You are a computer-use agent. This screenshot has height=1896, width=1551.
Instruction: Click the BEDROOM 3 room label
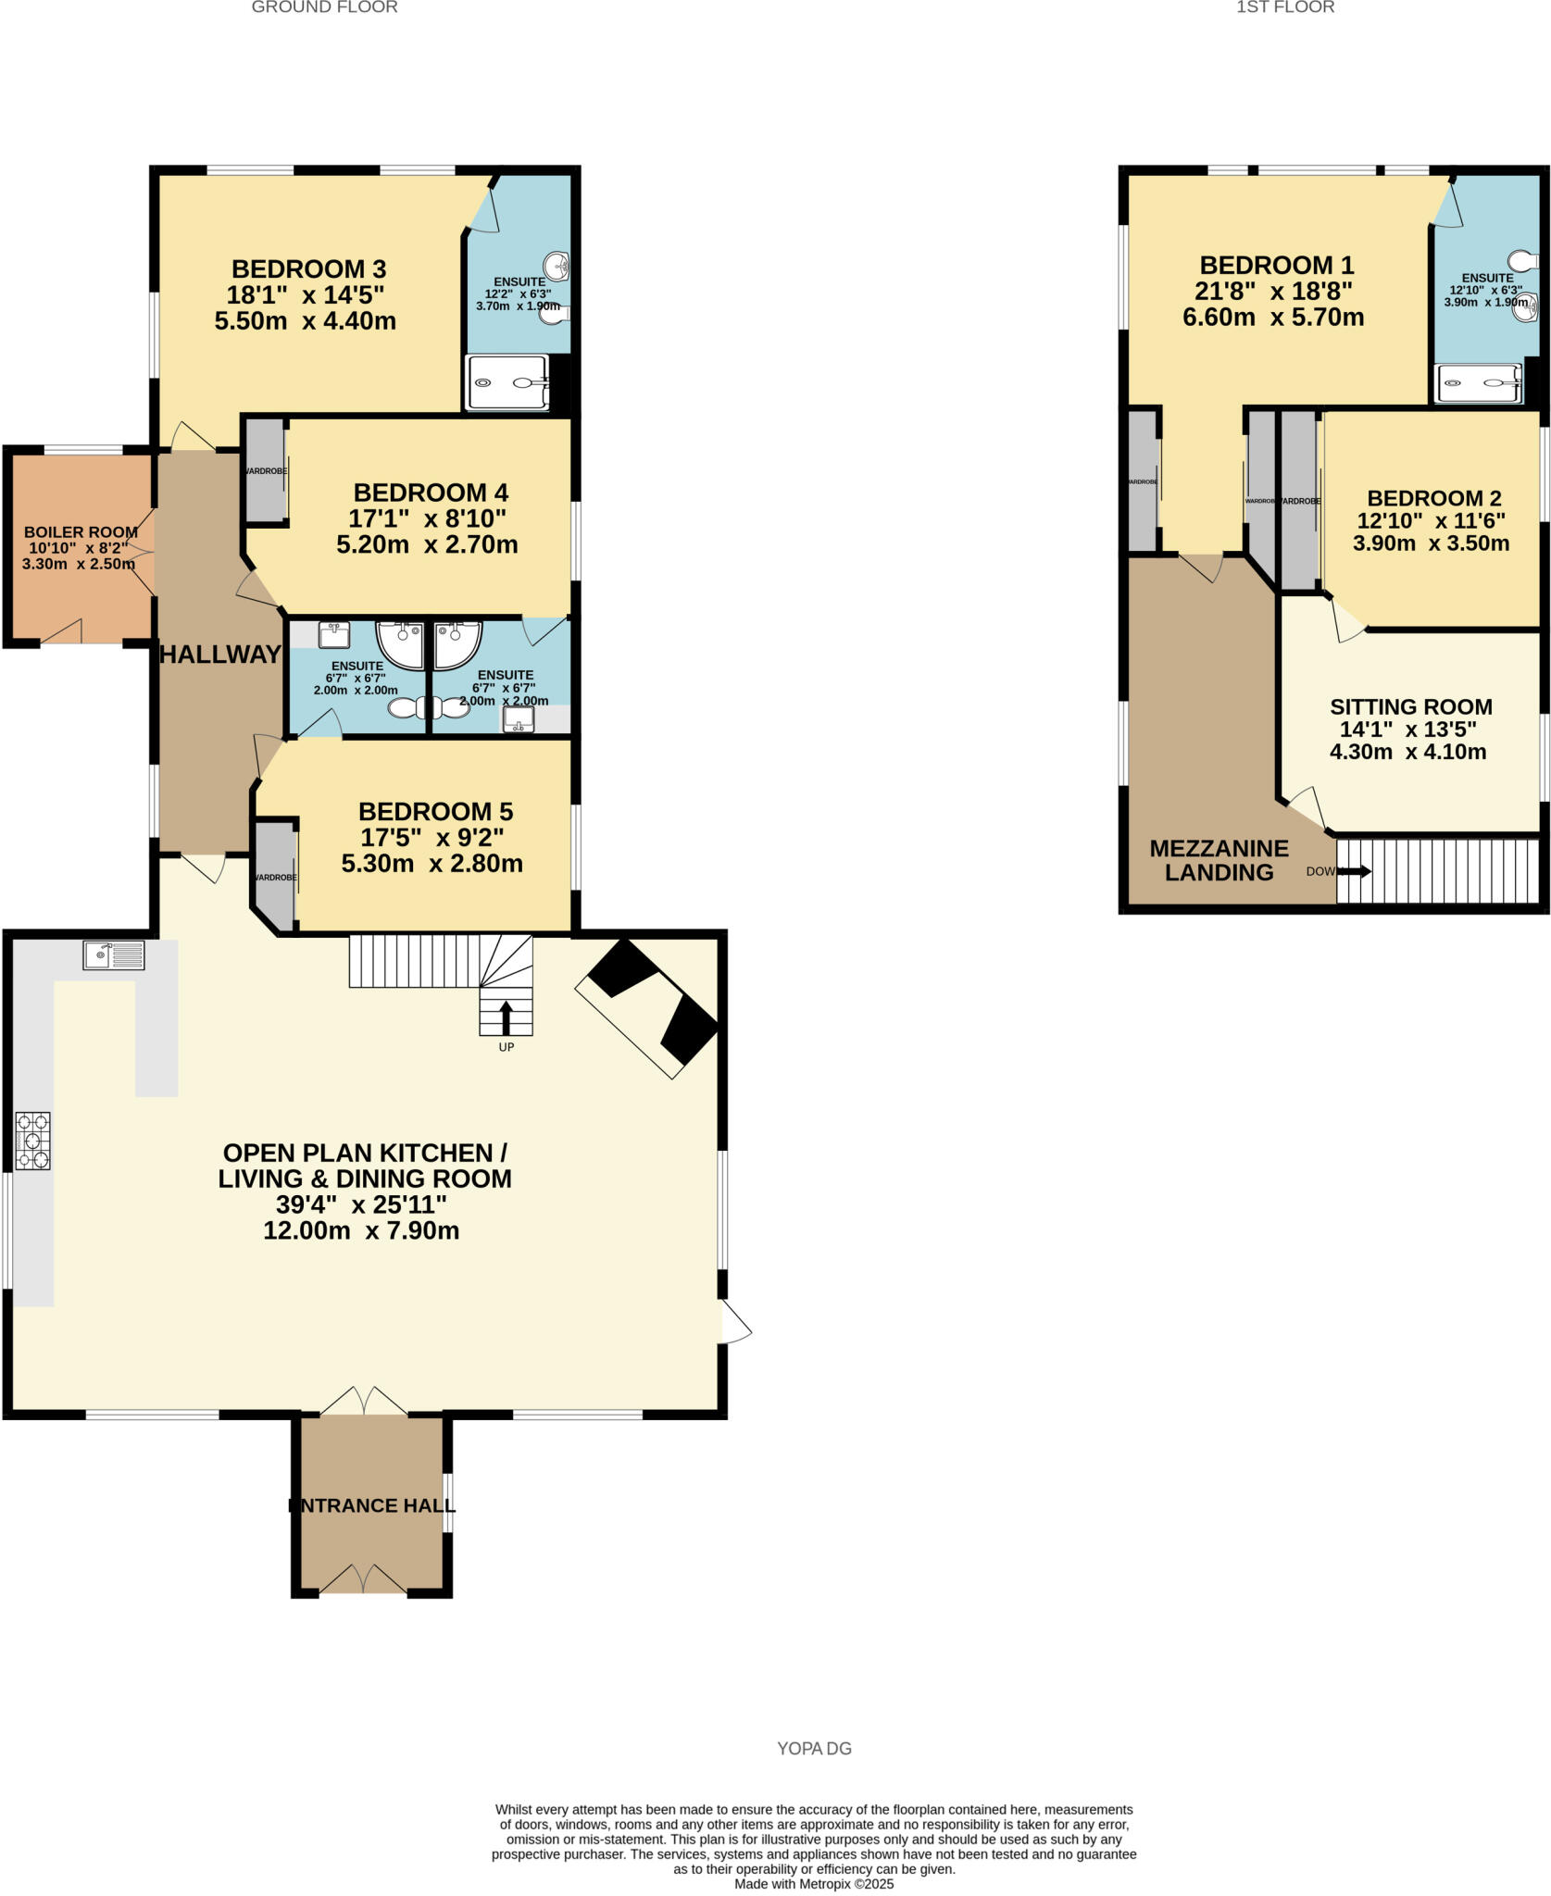point(308,269)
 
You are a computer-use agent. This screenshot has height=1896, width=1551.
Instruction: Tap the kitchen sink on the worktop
point(113,954)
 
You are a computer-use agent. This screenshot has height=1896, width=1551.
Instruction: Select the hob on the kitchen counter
point(32,1141)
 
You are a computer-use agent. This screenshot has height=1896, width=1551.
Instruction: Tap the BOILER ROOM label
point(81,532)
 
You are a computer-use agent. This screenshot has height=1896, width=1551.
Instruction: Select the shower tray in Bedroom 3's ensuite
point(508,382)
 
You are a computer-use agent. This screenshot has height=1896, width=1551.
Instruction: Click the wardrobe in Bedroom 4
point(264,470)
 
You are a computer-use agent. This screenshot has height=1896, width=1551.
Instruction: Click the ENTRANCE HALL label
point(371,1506)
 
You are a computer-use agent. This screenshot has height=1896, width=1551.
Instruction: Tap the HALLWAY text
point(220,655)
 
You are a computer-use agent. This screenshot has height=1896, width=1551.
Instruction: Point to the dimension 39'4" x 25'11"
point(361,1204)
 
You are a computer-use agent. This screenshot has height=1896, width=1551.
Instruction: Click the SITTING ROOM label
point(1410,707)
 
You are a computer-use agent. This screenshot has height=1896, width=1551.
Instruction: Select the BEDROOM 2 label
point(1433,498)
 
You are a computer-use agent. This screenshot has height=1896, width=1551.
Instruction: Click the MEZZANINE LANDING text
point(1219,860)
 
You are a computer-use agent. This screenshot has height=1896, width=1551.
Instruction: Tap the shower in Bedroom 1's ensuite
point(1478,383)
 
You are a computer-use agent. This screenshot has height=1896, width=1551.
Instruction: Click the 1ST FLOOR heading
point(1285,7)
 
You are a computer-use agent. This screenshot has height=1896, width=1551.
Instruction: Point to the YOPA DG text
point(814,1749)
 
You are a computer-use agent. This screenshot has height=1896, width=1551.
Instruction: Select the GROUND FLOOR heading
point(324,7)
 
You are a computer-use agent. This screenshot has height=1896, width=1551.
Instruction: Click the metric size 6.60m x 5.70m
point(1273,318)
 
